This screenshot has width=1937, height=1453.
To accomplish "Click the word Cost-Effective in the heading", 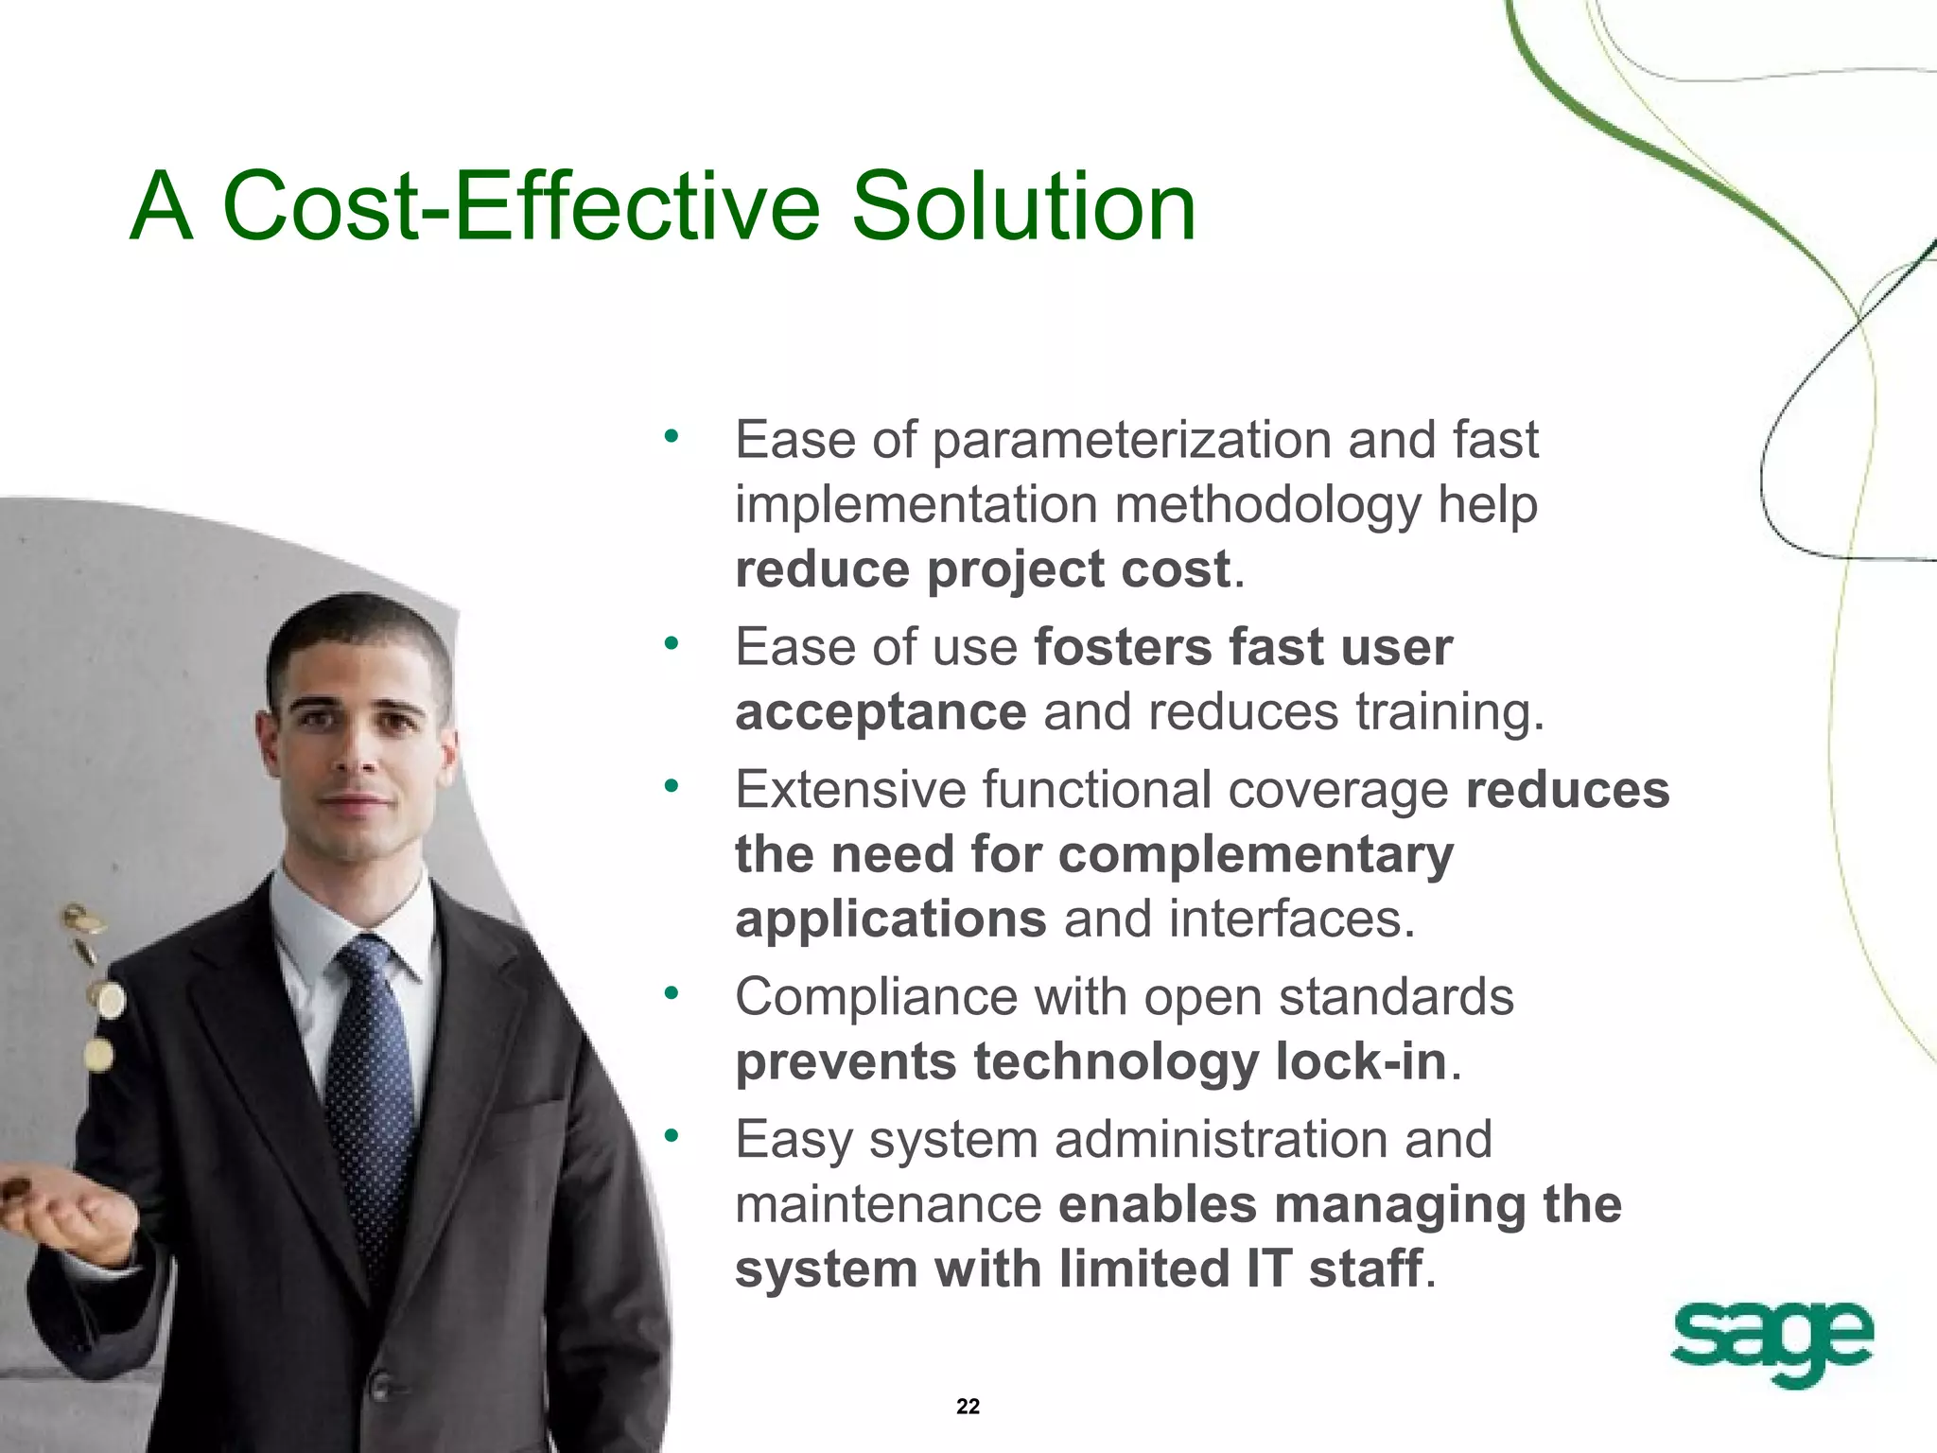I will pos(520,206).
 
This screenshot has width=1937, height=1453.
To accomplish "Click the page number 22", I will pos(968,1406).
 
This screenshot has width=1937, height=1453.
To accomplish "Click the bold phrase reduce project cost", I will pos(983,569).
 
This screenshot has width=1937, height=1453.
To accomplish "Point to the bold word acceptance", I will pos(881,711).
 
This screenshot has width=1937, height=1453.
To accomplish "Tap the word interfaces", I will pos(1290,919).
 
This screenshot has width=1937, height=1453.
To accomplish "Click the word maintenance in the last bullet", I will pos(888,1205).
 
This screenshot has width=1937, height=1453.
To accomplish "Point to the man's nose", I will pos(357,752).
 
